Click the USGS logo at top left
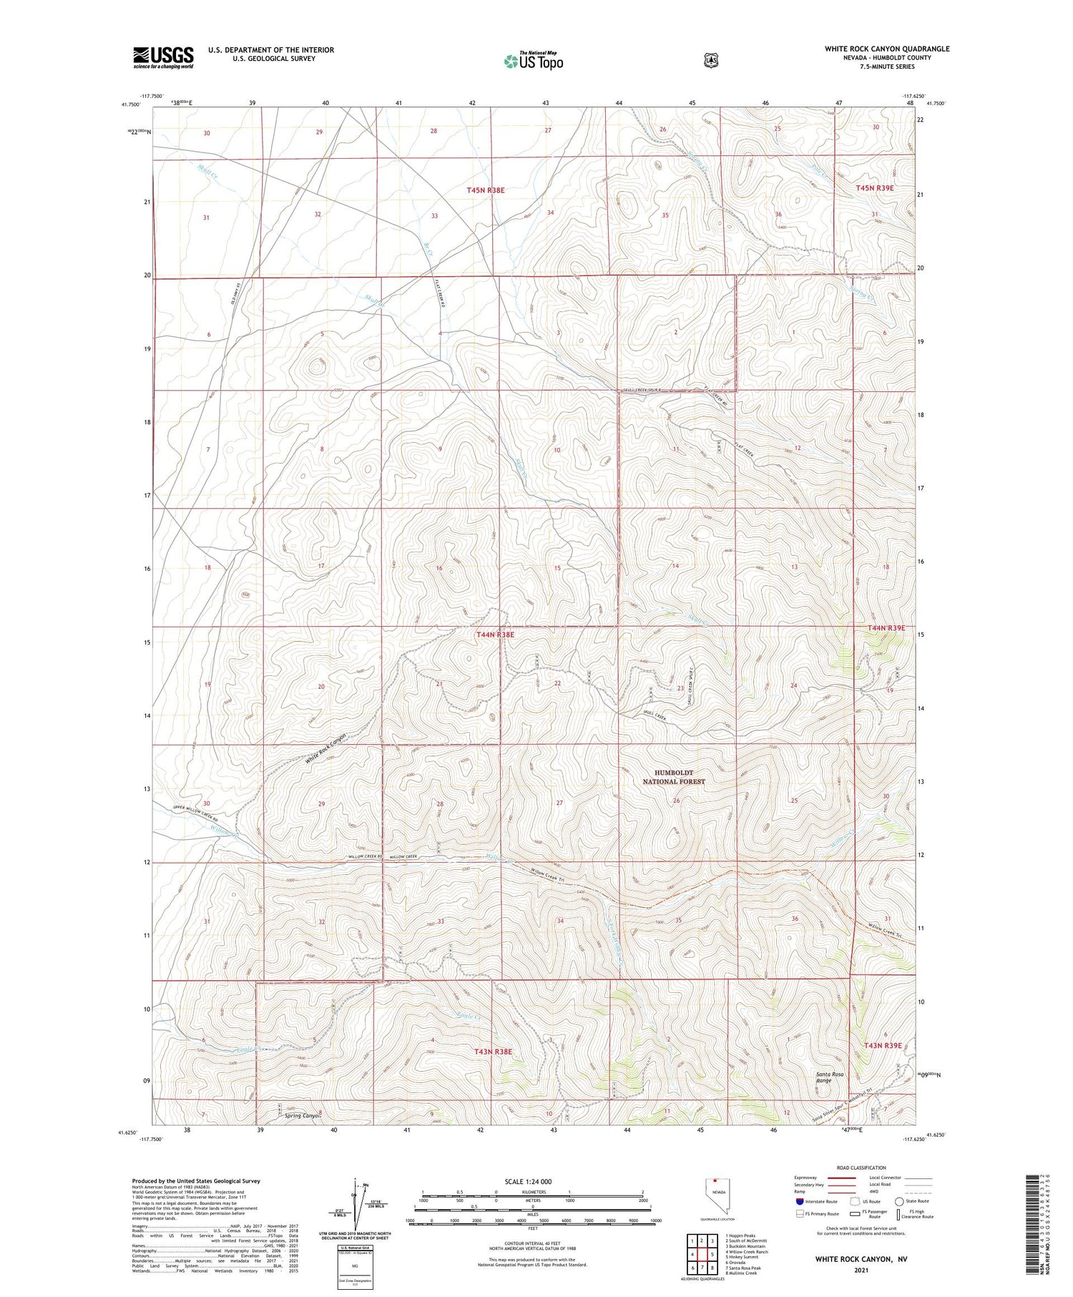(x=163, y=57)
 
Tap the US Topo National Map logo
(x=533, y=61)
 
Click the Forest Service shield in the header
(x=709, y=60)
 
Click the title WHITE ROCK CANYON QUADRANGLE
(x=887, y=49)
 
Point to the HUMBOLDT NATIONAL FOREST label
(x=673, y=777)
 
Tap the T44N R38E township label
(x=495, y=635)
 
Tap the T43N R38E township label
(x=493, y=1052)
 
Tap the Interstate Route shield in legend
(x=799, y=1201)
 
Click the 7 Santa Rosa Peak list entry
(x=743, y=1268)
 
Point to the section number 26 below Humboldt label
(x=676, y=801)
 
